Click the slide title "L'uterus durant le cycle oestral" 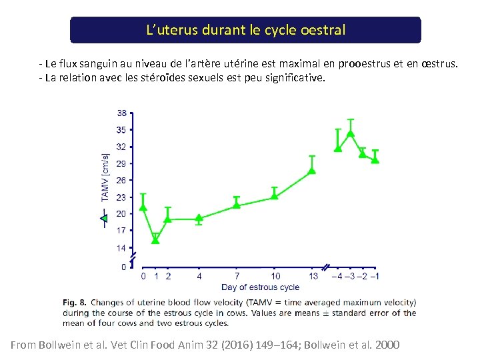[x=245, y=31]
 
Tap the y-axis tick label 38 [x=122, y=113]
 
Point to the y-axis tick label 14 [x=121, y=248]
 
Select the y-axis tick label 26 [x=121, y=180]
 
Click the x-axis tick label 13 [x=313, y=276]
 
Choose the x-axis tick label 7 [x=237, y=276]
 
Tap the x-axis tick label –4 [x=337, y=276]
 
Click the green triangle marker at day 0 [x=143, y=207]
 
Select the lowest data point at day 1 [x=155, y=240]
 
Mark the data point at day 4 [x=199, y=218]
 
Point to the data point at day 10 [x=274, y=196]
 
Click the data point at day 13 [x=311, y=171]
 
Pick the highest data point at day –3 [x=351, y=133]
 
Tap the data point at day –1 [x=375, y=159]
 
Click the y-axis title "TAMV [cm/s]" [x=105, y=177]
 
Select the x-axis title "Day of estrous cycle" [x=260, y=287]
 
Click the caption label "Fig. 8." [x=75, y=302]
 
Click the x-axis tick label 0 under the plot [x=143, y=276]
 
